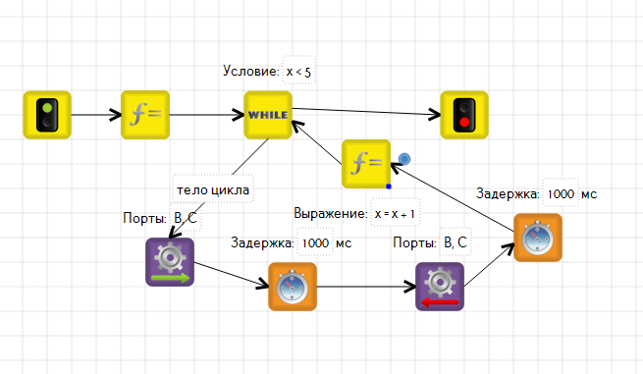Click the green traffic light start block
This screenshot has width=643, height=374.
tap(47, 115)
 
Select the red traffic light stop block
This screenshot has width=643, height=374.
tap(464, 115)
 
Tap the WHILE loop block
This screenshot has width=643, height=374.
tap(268, 115)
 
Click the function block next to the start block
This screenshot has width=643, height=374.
tap(145, 115)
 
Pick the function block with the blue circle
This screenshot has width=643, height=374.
tap(366, 164)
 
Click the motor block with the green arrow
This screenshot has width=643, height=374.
tap(170, 262)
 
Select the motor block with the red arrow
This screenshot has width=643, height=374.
tap(440, 287)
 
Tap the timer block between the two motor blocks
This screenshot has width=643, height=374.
tap(293, 287)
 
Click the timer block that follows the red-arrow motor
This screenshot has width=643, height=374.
tap(538, 238)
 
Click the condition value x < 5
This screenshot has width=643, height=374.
tap(299, 72)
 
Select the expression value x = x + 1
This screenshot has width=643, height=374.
tap(395, 214)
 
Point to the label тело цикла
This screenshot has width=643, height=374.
tap(213, 189)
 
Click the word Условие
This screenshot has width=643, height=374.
tap(251, 71)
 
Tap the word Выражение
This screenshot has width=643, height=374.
tap(331, 213)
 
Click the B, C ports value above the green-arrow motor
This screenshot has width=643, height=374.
tap(186, 218)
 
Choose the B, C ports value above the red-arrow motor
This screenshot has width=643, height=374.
tap(455, 242)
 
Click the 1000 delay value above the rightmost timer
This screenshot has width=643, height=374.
tap(561, 193)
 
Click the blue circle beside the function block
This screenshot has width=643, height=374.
tap(404, 159)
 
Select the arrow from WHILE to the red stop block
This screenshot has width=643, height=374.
tap(366, 112)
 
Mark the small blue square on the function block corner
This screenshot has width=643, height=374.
tap(389, 187)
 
